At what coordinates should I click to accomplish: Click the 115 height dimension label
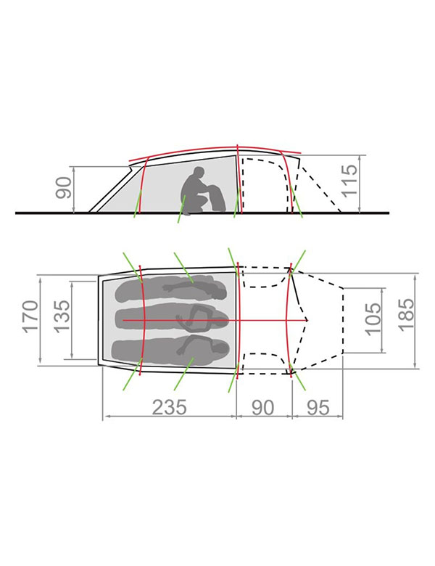tap(350, 181)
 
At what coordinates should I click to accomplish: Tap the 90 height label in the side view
tap(64, 188)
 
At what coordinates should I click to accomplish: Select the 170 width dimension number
tap(30, 316)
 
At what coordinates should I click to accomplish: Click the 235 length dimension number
tap(169, 407)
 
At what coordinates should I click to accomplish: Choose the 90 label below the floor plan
tap(262, 407)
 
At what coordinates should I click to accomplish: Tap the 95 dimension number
tap(318, 408)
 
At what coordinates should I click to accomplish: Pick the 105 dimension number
tap(373, 319)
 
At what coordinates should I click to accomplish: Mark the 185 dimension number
tap(406, 313)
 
